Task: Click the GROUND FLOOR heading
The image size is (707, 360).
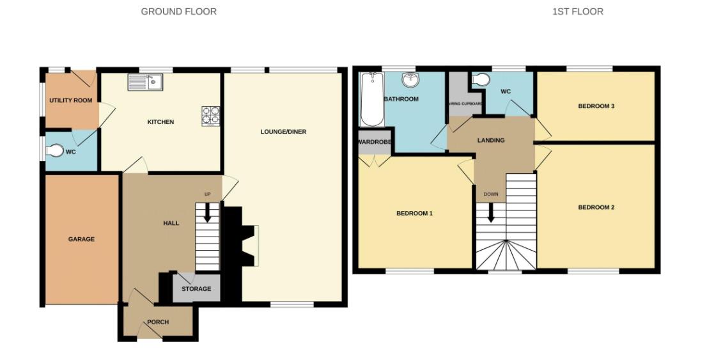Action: pos(178,12)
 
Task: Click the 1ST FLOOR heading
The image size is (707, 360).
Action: pos(577,12)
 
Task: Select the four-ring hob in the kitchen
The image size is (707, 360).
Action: pos(211,115)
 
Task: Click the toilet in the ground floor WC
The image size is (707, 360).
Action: pos(55,151)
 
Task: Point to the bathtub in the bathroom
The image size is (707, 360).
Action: pos(371,99)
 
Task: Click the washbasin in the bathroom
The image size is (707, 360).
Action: pos(410,81)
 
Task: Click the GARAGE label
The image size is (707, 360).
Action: pos(81,239)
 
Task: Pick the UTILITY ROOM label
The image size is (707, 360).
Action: pos(70,100)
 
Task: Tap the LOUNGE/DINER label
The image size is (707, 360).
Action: pos(283,132)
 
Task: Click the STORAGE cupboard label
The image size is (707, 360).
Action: pos(196,289)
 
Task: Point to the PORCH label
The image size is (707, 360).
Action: pos(157,322)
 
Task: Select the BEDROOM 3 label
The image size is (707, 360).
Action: pos(596,106)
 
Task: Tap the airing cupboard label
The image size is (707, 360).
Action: pos(465,103)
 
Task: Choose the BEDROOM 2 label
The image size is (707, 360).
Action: pos(596,207)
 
